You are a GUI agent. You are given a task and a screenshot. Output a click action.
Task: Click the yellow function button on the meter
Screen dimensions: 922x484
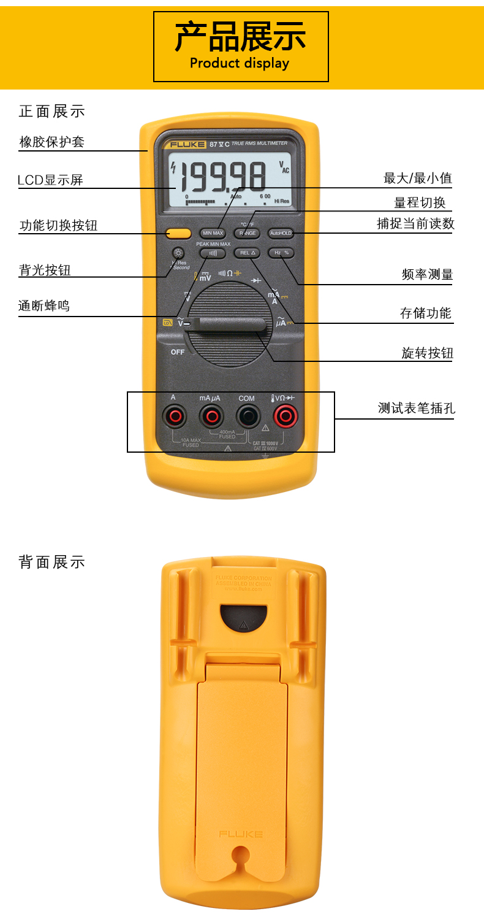point(178,233)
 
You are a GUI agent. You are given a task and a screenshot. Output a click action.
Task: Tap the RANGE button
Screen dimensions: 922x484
point(247,233)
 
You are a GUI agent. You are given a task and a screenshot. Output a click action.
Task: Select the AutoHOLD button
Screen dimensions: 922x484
point(281,233)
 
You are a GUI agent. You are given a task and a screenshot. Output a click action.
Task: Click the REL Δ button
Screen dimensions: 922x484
point(247,253)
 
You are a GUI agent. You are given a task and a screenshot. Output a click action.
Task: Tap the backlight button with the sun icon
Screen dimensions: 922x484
point(178,253)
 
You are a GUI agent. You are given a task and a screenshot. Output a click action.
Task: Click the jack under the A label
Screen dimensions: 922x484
point(175,417)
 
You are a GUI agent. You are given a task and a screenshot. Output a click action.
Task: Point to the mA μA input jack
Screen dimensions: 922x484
point(211,417)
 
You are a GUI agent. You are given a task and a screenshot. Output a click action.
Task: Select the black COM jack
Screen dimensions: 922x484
point(246,417)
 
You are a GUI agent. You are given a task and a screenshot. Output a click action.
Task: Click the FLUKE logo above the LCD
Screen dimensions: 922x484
point(184,144)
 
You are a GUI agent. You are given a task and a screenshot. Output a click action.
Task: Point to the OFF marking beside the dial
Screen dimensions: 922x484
point(178,352)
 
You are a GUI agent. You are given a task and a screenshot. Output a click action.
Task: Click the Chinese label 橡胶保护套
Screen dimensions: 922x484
point(52,142)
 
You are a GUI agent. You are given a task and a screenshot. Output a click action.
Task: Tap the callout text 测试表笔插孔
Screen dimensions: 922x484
point(416,408)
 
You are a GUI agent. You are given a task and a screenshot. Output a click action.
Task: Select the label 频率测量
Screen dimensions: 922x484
point(427,275)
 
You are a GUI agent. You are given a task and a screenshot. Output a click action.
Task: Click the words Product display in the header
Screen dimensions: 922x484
point(240,63)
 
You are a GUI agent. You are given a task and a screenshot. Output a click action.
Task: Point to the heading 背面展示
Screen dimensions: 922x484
point(52,562)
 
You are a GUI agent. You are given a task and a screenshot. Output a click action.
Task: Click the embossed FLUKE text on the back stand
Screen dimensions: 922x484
point(241,834)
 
